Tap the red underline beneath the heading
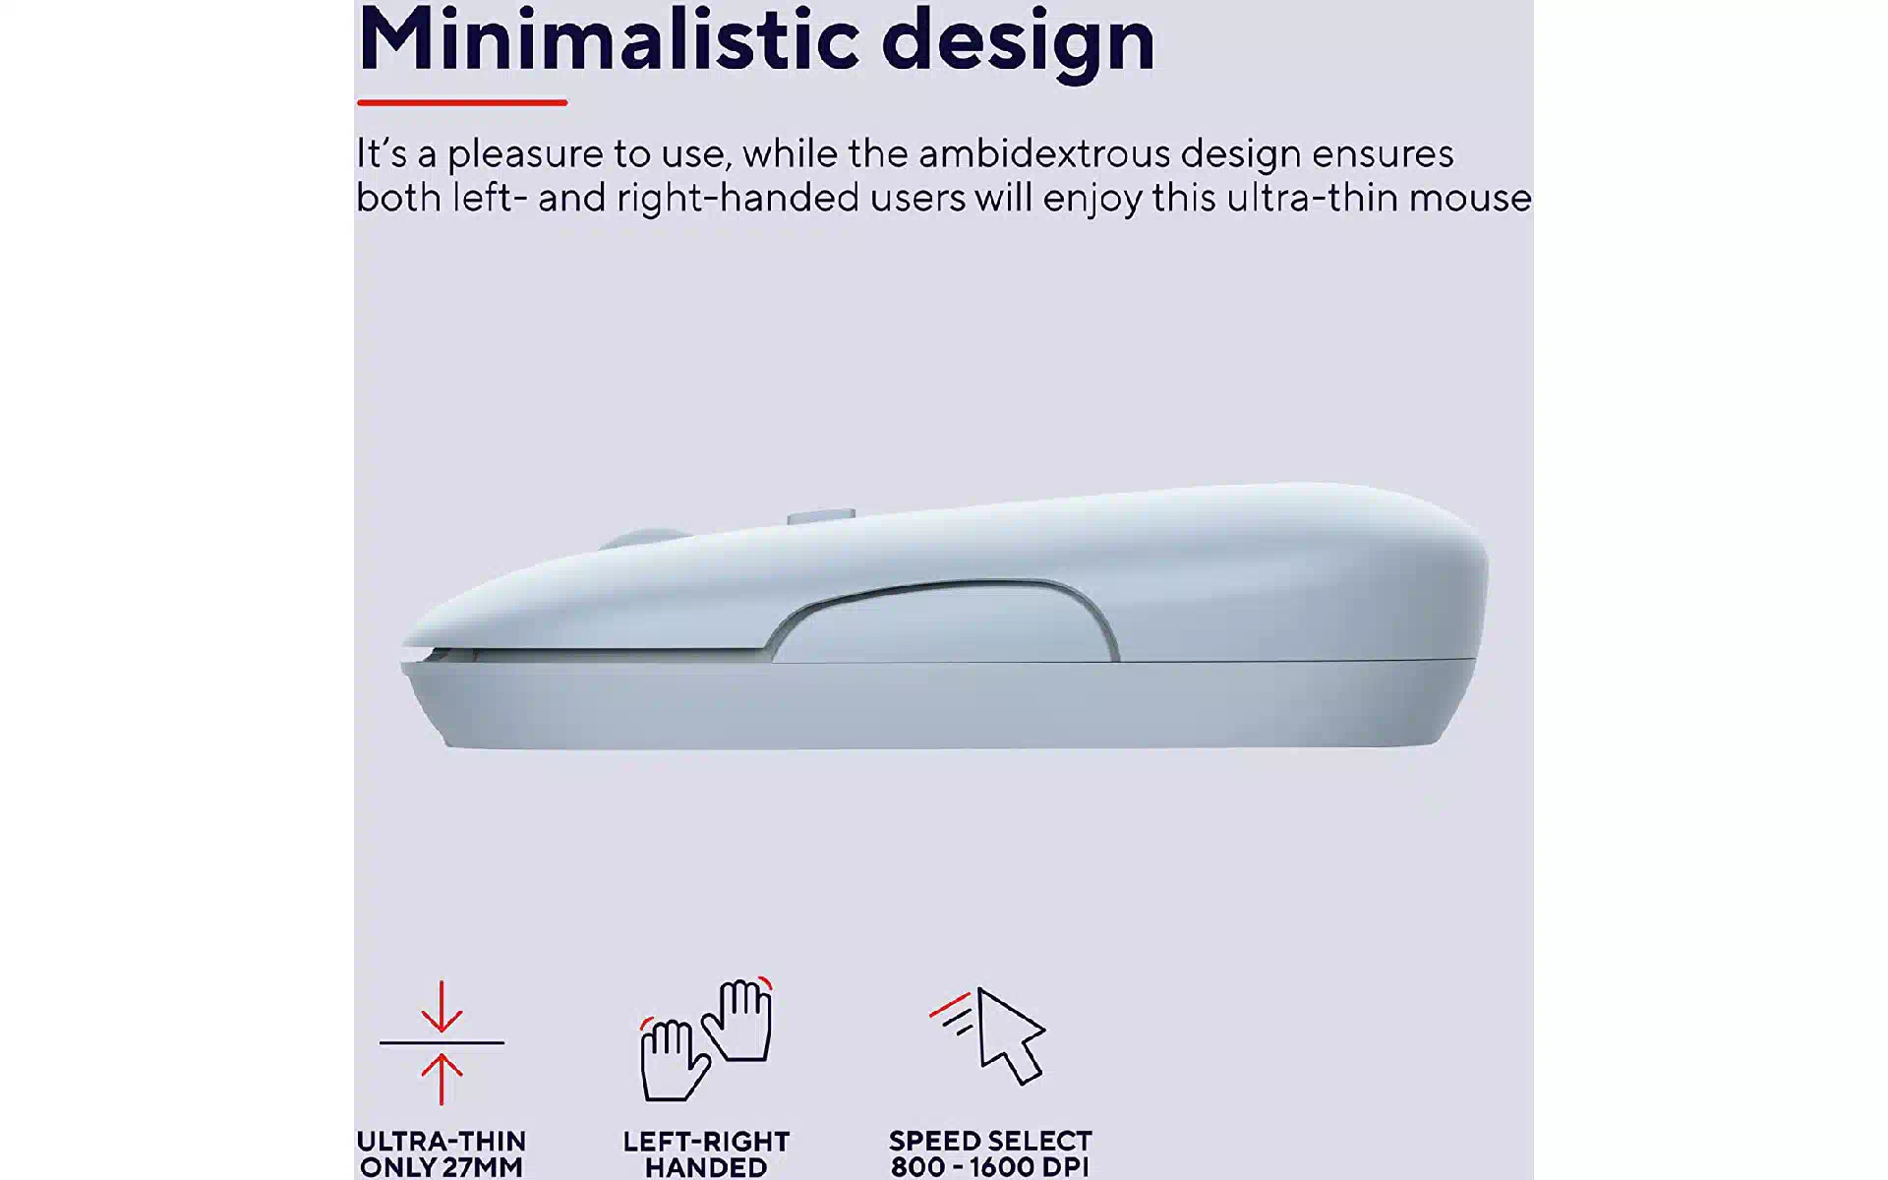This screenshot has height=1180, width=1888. coord(462,102)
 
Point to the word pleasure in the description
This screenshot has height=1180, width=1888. coord(524,155)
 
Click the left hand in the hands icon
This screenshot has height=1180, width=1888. coord(674,1059)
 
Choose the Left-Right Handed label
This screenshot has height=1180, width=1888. coord(706,1154)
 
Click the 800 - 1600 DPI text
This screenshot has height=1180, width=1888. coord(990,1167)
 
